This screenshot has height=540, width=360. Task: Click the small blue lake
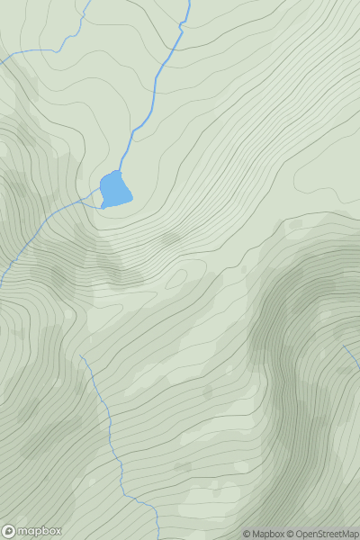[x=115, y=189]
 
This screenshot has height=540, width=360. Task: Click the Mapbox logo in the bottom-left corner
[x=32, y=531]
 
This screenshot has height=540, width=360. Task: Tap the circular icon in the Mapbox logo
[x=9, y=531]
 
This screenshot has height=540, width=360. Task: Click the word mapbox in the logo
[x=40, y=531]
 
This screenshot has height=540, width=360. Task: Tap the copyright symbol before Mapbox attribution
[x=247, y=534]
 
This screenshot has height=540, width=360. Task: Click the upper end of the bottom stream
[x=81, y=355]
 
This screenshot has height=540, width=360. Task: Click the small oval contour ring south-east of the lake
[x=170, y=239]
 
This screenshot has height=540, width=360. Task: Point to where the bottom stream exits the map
[x=158, y=538]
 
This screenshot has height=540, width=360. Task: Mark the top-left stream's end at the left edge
[x=2, y=60]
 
